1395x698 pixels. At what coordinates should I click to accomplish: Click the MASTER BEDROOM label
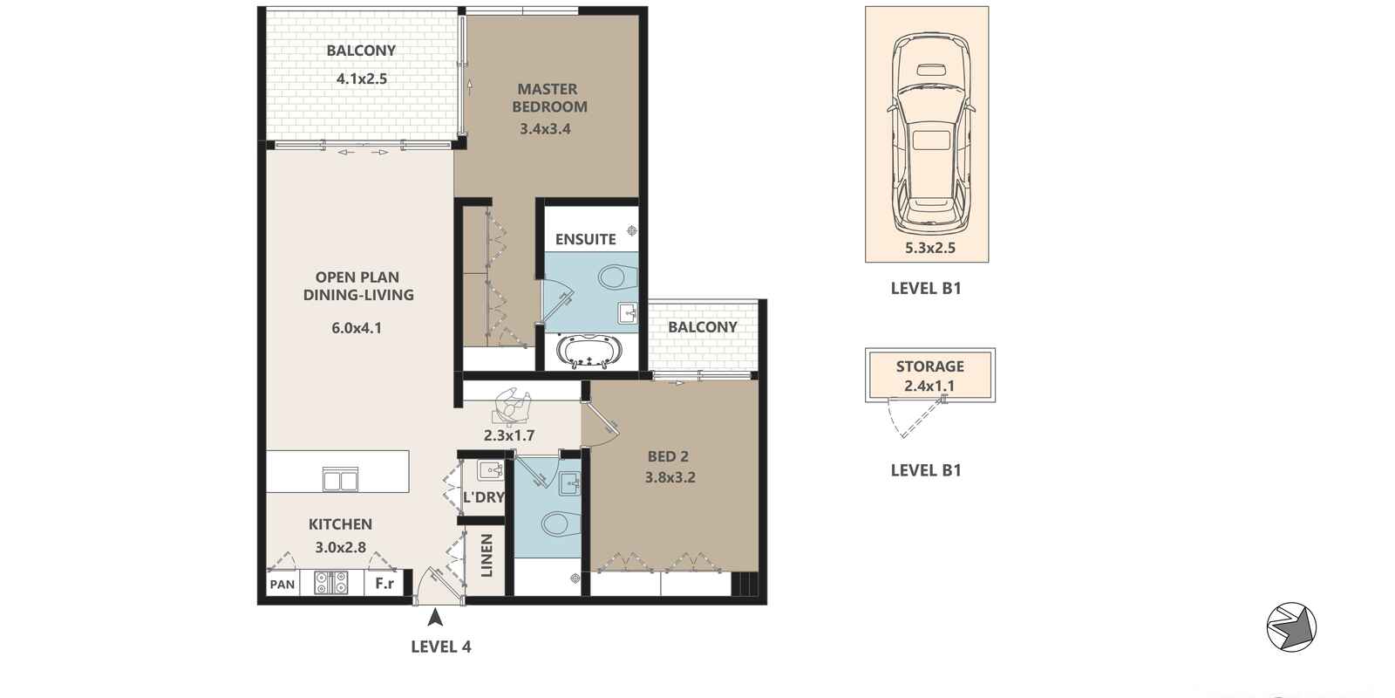(x=549, y=98)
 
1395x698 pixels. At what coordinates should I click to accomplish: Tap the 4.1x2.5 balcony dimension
(x=362, y=79)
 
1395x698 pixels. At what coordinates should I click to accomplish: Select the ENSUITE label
(x=585, y=239)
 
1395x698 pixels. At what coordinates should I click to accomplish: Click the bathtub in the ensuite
(x=589, y=351)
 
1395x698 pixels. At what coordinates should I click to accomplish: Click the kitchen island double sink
(x=340, y=479)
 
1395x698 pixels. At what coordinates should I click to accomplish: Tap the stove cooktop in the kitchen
(x=330, y=583)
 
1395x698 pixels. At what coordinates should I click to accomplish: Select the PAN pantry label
(x=282, y=585)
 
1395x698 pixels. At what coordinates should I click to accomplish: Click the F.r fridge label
(x=384, y=584)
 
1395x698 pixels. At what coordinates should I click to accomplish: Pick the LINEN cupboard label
(x=487, y=555)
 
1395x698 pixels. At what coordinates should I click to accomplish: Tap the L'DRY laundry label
(x=484, y=497)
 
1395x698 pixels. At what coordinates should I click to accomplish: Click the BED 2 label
(x=668, y=457)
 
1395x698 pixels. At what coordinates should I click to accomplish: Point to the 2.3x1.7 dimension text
(x=509, y=435)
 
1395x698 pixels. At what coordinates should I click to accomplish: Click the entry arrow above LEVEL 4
(x=435, y=618)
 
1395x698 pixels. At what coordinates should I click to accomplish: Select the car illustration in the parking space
(x=930, y=132)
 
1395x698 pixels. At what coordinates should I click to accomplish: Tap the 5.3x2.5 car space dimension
(x=929, y=248)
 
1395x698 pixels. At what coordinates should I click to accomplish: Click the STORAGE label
(x=929, y=366)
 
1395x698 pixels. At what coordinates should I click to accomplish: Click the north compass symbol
(x=1291, y=627)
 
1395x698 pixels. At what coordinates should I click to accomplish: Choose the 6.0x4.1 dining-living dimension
(x=357, y=328)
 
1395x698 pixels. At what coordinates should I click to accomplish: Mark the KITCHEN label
(x=340, y=524)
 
